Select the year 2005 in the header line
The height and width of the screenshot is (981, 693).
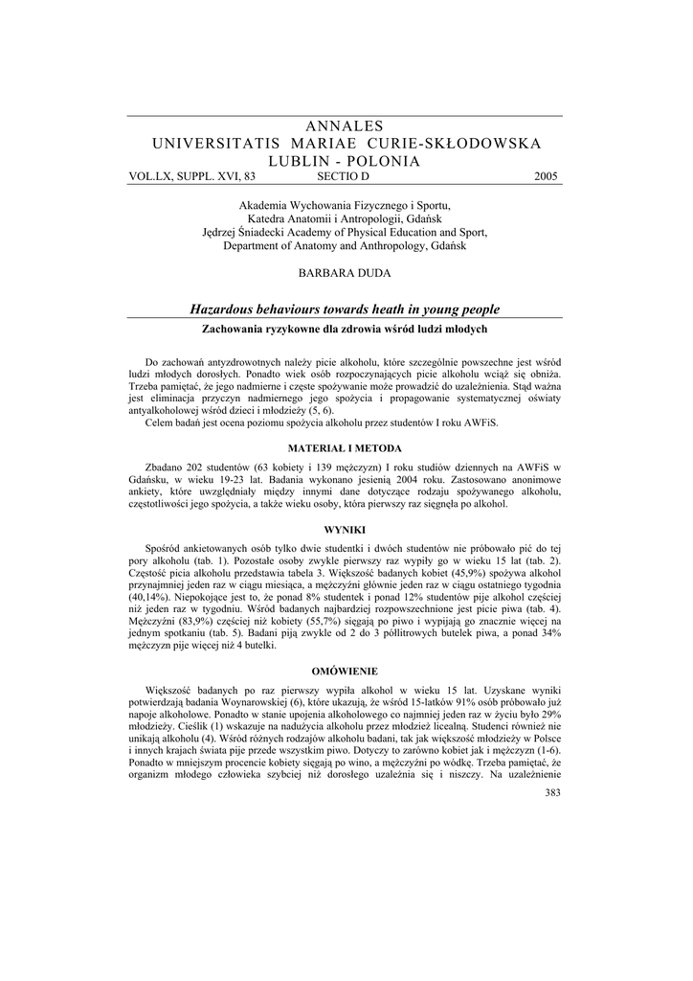pyautogui.click(x=546, y=177)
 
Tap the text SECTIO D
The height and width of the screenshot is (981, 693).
pyautogui.click(x=342, y=177)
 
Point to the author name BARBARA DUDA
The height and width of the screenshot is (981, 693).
pyautogui.click(x=345, y=273)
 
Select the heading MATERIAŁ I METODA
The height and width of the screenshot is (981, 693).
pyautogui.click(x=345, y=448)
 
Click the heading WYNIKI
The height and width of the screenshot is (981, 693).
pyautogui.click(x=345, y=530)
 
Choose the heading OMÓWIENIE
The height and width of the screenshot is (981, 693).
pyautogui.click(x=345, y=670)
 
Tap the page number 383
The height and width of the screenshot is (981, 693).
pyautogui.click(x=551, y=792)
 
